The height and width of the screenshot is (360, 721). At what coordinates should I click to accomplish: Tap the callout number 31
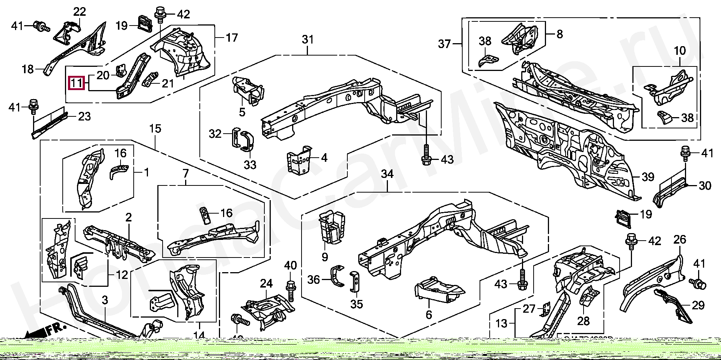point(308,39)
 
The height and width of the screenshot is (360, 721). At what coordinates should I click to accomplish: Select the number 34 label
point(387,174)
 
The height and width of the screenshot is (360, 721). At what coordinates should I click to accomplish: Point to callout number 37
point(444,44)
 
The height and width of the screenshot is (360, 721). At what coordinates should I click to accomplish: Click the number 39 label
point(648,177)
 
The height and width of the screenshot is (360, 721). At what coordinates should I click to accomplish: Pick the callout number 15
point(155,129)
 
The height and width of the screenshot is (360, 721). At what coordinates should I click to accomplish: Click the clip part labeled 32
point(235,138)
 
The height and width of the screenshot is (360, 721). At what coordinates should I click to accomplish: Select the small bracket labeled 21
point(151,80)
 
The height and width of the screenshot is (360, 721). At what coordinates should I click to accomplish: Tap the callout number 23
point(84,116)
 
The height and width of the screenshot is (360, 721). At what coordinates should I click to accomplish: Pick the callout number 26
point(680,239)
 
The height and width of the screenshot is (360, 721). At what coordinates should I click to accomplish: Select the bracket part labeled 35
point(354,282)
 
